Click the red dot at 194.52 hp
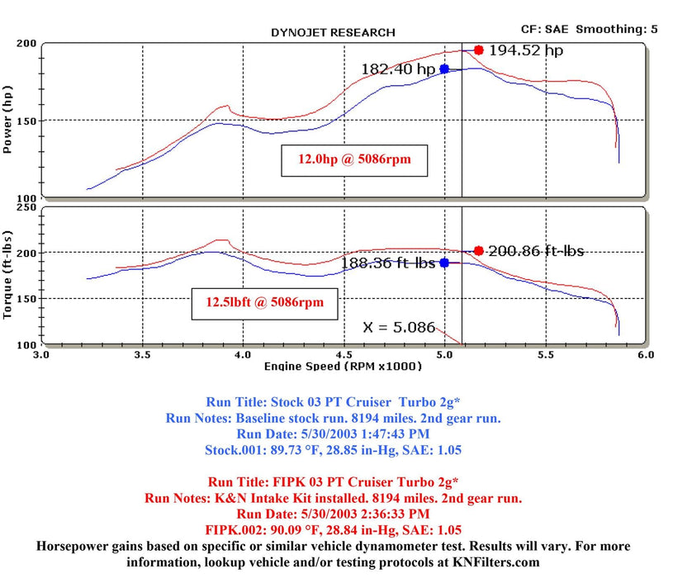pos(478,50)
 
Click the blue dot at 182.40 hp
pos(444,69)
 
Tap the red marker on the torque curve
pos(478,251)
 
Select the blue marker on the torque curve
pos(444,263)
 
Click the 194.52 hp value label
pos(526,51)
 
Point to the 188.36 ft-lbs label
pos(389,263)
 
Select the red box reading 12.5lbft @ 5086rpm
pos(264,303)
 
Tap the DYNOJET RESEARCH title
pos(333,33)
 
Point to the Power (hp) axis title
pos(8,122)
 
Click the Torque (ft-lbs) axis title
pos(8,275)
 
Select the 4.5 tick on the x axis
pos(344,354)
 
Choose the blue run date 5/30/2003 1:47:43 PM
pos(335,433)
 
